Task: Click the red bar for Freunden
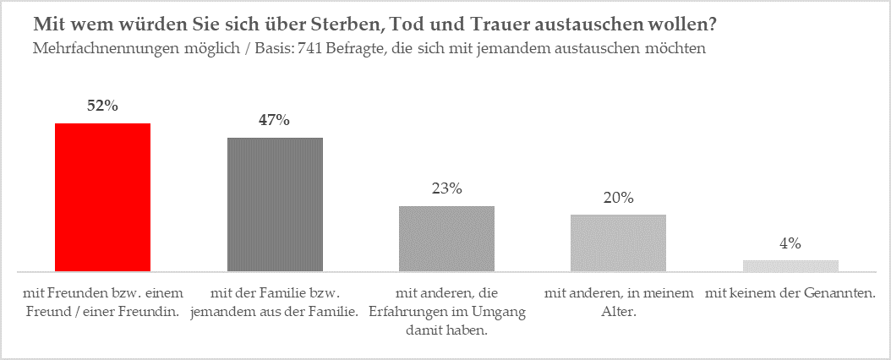(x=102, y=197)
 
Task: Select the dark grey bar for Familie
(x=275, y=204)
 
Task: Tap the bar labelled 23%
(x=446, y=238)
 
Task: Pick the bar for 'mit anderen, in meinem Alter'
(x=619, y=243)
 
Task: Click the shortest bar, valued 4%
(x=790, y=265)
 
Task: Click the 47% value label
(x=275, y=120)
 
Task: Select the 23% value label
(x=446, y=188)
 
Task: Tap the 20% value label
(x=619, y=198)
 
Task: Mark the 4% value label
(x=790, y=243)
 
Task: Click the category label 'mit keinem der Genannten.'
(x=790, y=293)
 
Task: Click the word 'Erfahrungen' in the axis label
(x=432, y=312)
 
